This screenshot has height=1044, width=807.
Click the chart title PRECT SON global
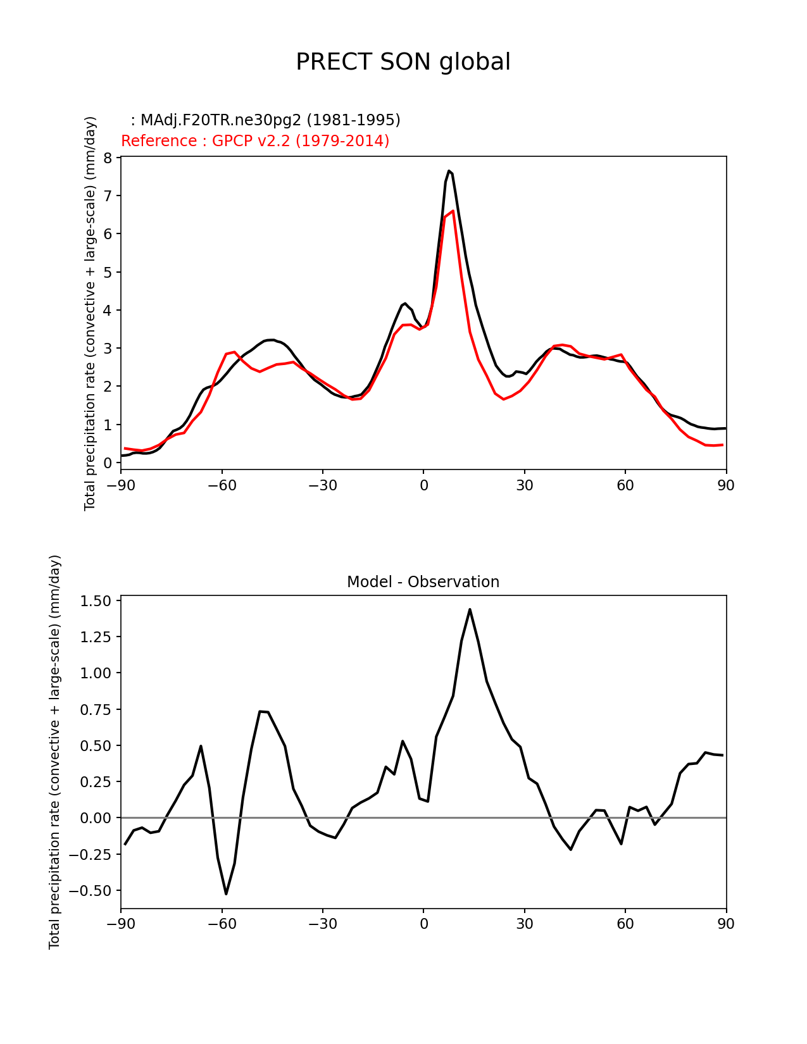click(x=403, y=62)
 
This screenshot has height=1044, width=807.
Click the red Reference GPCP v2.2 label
click(x=255, y=141)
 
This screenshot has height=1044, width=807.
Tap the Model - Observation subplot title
click(x=423, y=582)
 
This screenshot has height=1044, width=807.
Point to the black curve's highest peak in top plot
click(x=449, y=171)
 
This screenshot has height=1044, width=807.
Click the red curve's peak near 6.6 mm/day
click(x=453, y=211)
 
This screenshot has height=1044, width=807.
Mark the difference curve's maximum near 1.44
click(x=470, y=609)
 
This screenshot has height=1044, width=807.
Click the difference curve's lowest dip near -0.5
click(x=226, y=893)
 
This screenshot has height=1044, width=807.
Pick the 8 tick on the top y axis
click(x=108, y=158)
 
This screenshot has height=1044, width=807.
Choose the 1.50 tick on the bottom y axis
click(x=96, y=601)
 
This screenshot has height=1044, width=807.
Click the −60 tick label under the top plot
click(x=222, y=486)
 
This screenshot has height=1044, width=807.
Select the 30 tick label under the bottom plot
click(x=525, y=924)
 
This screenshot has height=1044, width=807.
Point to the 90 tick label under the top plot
click(x=726, y=486)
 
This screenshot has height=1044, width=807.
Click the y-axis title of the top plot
click(x=91, y=313)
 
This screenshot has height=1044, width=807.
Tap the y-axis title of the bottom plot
click(x=55, y=752)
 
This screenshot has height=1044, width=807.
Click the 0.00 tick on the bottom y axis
click(x=96, y=818)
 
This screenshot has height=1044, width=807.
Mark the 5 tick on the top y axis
click(x=108, y=273)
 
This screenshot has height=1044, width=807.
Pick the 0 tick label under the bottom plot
click(x=423, y=924)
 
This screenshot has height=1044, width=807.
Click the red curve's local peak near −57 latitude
click(x=234, y=352)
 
